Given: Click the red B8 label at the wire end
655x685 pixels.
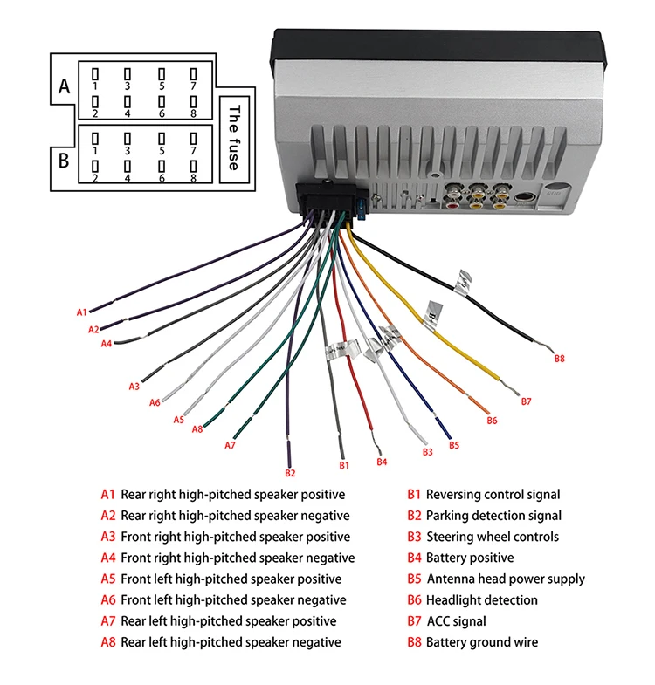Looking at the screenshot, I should [560, 358].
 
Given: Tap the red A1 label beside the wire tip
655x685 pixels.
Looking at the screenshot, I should [82, 312].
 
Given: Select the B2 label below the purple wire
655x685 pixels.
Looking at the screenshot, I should [290, 473].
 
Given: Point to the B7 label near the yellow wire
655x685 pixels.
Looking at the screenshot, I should [526, 401].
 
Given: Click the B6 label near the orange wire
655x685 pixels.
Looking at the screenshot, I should [492, 421].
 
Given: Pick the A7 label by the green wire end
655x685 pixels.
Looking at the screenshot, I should [230, 445].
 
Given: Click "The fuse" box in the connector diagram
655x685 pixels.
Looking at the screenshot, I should [232, 137].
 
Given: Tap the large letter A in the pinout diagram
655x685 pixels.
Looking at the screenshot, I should [63, 87].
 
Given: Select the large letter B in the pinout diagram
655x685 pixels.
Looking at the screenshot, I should [63, 161].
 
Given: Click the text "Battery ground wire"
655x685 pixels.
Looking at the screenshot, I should [481, 642].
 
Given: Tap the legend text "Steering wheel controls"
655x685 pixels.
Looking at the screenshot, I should [492, 537].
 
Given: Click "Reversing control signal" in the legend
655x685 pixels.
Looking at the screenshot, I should [493, 495].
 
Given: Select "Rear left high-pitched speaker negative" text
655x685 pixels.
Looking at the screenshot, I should [231, 642].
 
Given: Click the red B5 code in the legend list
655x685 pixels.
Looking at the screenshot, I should [414, 579].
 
